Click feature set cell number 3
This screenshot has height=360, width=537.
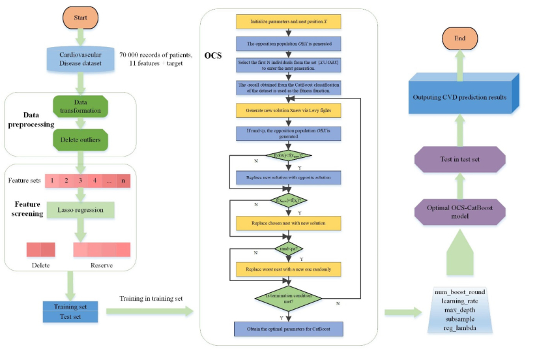point(80,180)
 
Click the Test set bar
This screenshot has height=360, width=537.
point(70,316)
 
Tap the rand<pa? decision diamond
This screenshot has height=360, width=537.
point(287,248)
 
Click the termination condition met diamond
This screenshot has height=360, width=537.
point(287,299)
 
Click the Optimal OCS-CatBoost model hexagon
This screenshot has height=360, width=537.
point(461,211)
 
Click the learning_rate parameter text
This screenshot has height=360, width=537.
point(459,301)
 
